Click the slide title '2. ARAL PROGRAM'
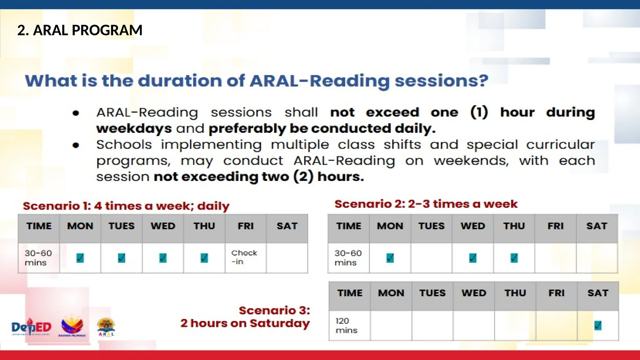coord(80,30)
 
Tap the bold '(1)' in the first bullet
coord(479,112)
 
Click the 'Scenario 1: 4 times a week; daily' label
coord(126,206)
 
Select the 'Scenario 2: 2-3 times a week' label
coord(426,204)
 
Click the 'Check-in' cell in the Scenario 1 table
coord(244,257)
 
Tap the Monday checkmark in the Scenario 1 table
coord(80,258)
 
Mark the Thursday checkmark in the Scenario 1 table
coord(204,258)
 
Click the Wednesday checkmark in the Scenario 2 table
coord(473,258)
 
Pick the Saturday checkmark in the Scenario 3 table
coord(597,326)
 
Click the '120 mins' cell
coord(347,326)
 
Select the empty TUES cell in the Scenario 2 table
coord(431,258)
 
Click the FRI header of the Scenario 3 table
coord(556,293)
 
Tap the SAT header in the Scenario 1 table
coord(287,226)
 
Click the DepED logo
coord(31,327)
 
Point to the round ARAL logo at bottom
coord(106,327)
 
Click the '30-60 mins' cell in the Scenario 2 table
coord(348,258)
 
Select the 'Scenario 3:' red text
coord(274,311)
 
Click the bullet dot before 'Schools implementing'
coord(76,145)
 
